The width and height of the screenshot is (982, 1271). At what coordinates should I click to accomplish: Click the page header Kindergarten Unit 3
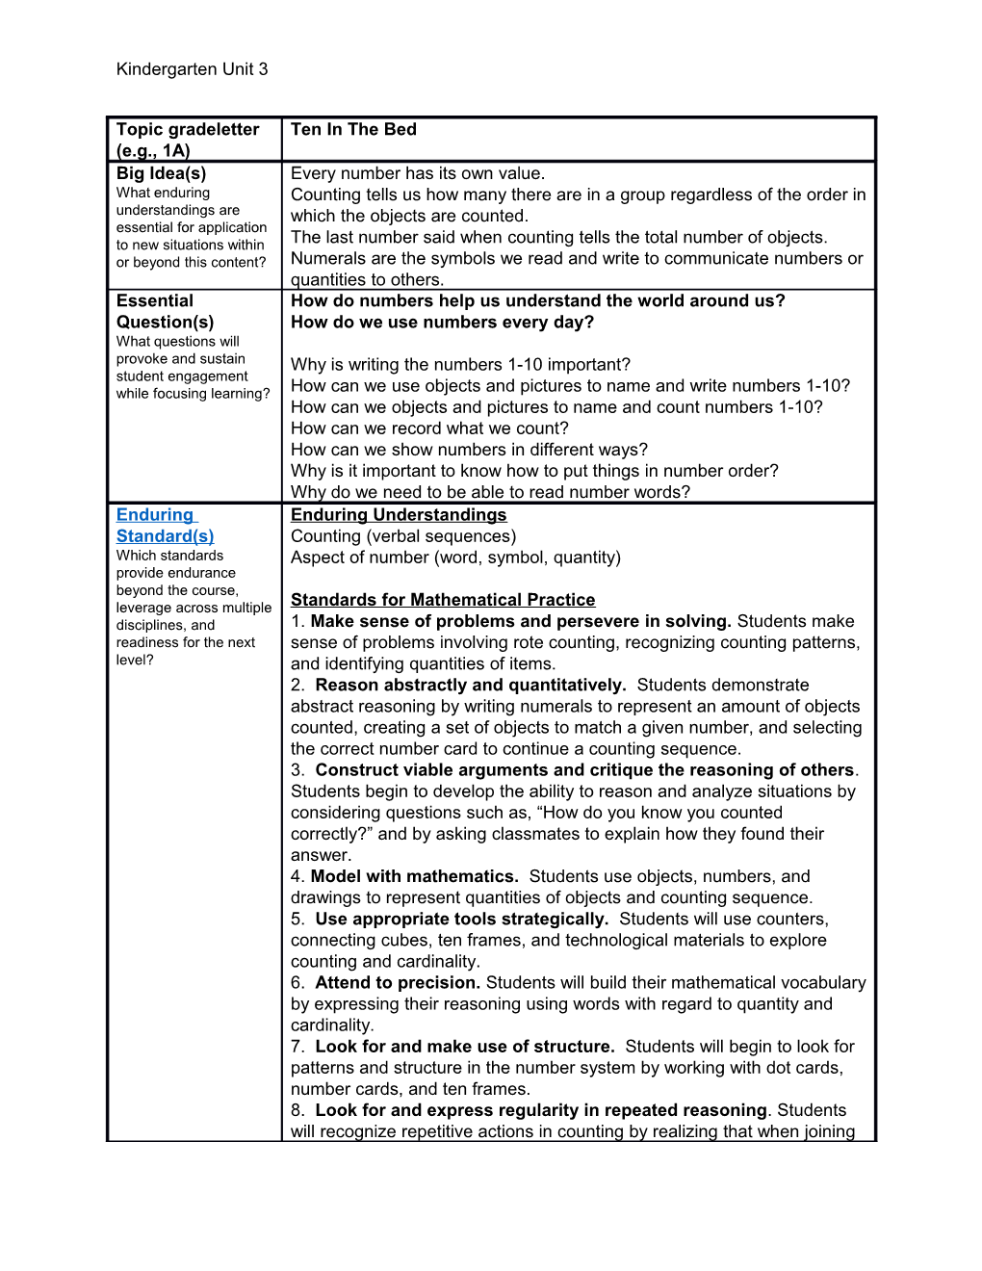pyautogui.click(x=192, y=69)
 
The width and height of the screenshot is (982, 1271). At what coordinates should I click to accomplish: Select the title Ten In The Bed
pyautogui.click(x=353, y=130)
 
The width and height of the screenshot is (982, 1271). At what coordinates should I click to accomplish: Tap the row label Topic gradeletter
pyautogui.click(x=188, y=130)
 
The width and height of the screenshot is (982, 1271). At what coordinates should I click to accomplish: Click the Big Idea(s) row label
pyautogui.click(x=161, y=174)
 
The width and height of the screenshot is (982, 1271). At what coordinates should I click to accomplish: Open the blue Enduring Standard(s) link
pyautogui.click(x=164, y=526)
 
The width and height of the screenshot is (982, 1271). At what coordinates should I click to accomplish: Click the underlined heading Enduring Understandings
pyautogui.click(x=399, y=515)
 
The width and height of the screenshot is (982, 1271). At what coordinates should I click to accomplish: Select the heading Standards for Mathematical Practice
pyautogui.click(x=443, y=600)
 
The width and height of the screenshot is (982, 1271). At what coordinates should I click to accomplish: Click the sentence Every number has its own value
pyautogui.click(x=418, y=174)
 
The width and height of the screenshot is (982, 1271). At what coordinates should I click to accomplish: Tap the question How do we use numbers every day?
pyautogui.click(x=443, y=323)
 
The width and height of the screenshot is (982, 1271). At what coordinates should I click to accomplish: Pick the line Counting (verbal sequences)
pyautogui.click(x=403, y=536)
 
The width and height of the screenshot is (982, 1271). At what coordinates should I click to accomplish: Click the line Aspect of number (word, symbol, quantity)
pyautogui.click(x=455, y=558)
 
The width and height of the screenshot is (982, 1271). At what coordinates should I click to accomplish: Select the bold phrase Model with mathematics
pyautogui.click(x=414, y=876)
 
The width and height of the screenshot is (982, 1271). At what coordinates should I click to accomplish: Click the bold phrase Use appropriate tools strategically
pyautogui.click(x=462, y=919)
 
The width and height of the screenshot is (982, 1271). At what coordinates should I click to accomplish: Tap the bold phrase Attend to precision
pyautogui.click(x=398, y=982)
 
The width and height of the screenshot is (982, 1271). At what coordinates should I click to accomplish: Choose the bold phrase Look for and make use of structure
pyautogui.click(x=465, y=1047)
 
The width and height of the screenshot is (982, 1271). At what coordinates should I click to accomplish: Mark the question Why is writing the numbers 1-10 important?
pyautogui.click(x=460, y=365)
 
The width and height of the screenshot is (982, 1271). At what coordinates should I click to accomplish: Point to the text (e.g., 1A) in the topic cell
pyautogui.click(x=153, y=151)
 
